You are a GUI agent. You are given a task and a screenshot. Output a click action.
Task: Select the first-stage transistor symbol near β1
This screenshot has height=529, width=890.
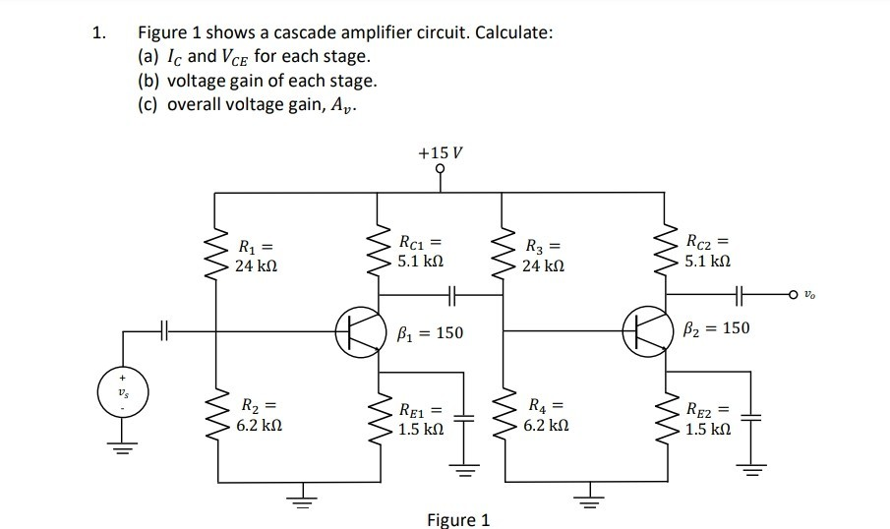coord(355,331)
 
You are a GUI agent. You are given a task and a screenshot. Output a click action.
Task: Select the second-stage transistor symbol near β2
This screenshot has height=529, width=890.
coord(642,331)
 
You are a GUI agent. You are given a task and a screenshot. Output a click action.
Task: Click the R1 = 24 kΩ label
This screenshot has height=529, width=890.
coord(255,256)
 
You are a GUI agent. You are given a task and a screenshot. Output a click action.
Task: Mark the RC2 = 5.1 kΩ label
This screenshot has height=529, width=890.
coord(706,250)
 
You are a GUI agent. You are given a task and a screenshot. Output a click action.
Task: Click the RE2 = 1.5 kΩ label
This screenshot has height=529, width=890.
coord(706,420)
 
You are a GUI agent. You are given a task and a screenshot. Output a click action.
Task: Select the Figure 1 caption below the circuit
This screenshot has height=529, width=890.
coord(457,518)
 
